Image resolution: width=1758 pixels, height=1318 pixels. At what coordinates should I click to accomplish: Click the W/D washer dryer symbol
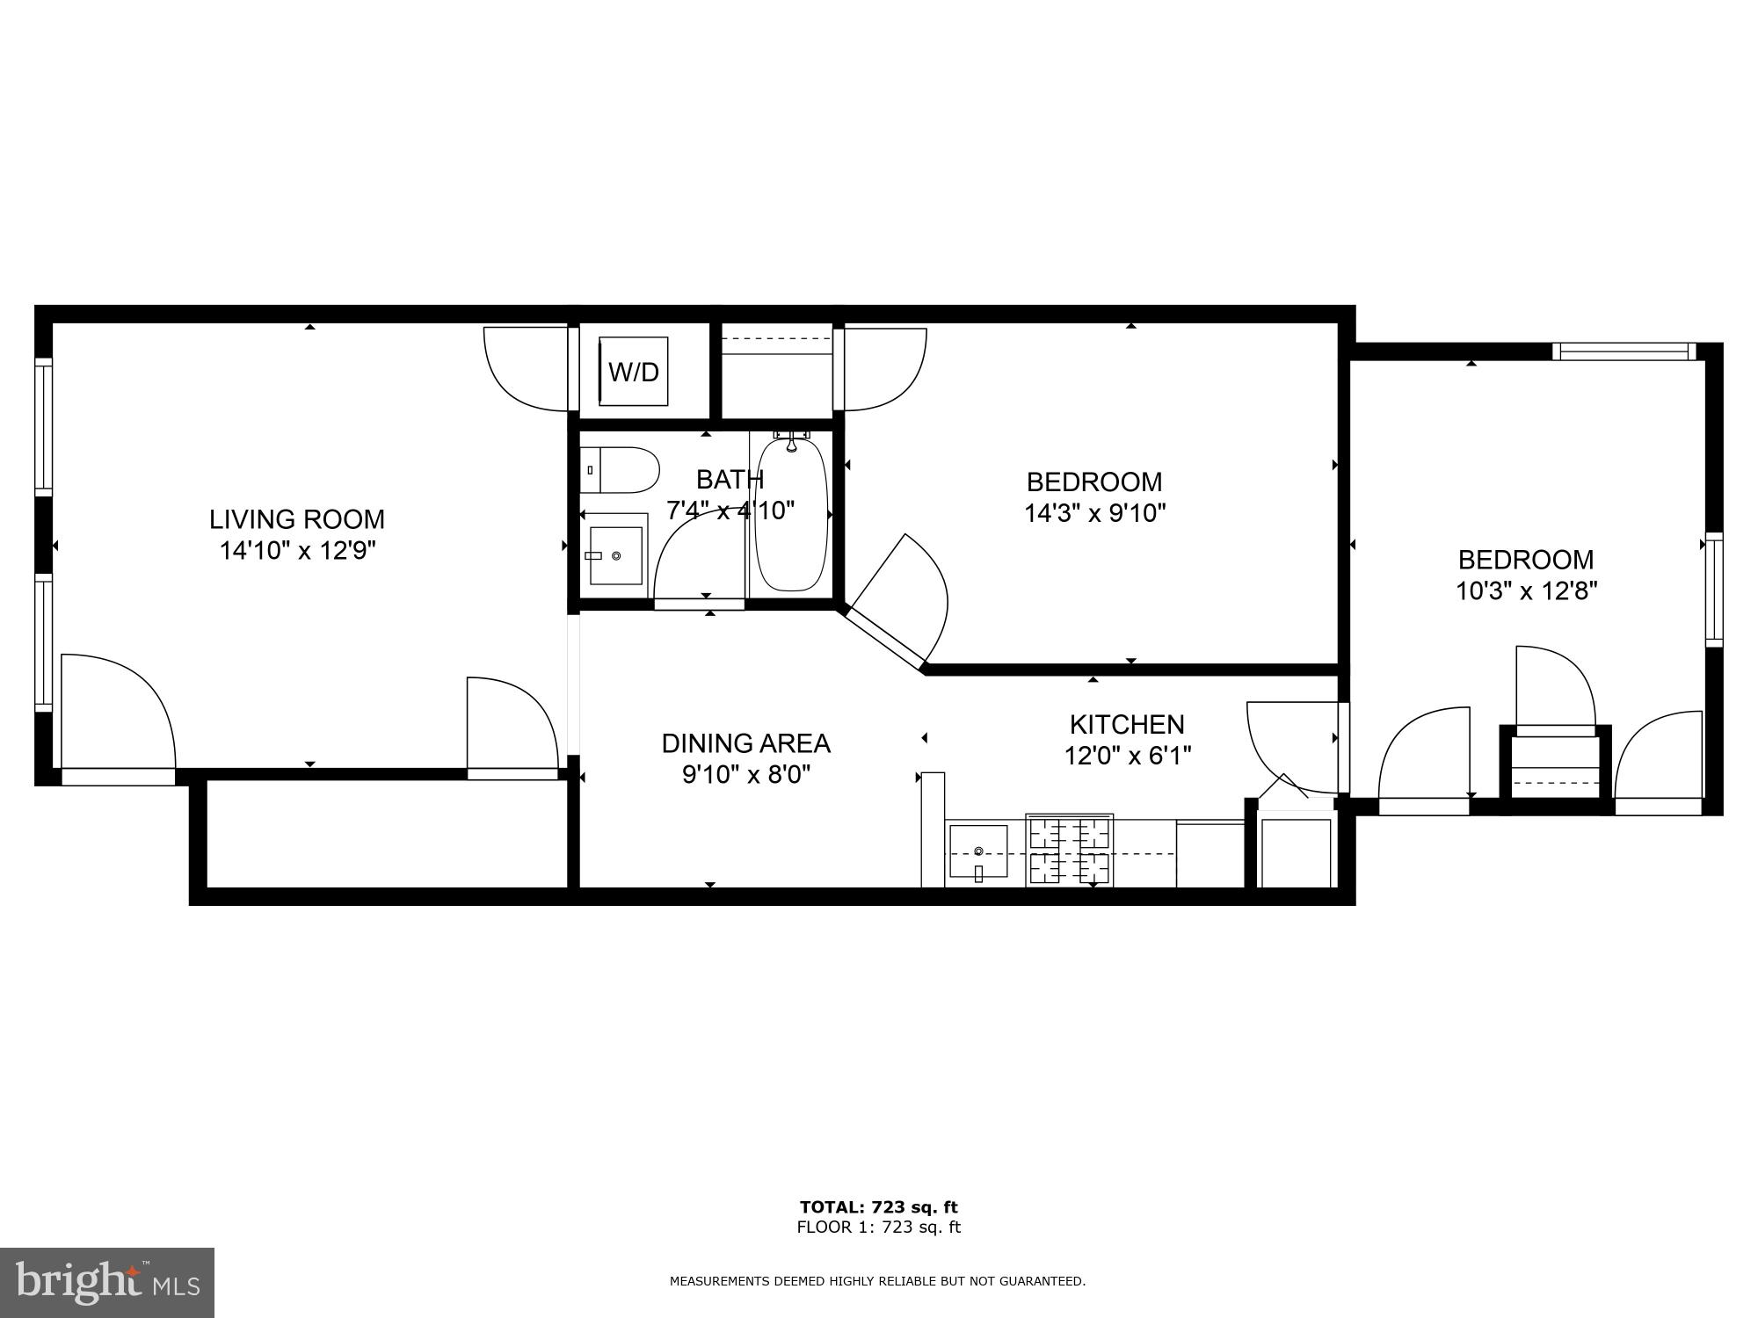click(634, 372)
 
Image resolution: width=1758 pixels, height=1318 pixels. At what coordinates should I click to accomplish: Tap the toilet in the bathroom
click(620, 471)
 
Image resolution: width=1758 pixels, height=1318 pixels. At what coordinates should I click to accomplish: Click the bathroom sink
click(615, 555)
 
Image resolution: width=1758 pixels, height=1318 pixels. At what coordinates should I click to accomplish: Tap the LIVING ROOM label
click(297, 519)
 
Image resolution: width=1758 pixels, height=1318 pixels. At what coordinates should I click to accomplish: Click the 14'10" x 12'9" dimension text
click(297, 551)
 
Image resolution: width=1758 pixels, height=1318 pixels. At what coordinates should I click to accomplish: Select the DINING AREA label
click(745, 743)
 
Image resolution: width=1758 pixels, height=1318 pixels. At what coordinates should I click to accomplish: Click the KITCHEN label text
click(1127, 724)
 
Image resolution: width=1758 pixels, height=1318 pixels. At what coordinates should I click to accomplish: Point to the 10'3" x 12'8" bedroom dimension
click(1526, 590)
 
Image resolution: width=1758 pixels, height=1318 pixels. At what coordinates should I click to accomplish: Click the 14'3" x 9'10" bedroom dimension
click(1094, 513)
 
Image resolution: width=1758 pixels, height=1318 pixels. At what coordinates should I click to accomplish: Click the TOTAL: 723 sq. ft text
click(878, 1207)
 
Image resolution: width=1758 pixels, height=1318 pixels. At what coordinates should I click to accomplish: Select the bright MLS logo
click(106, 1283)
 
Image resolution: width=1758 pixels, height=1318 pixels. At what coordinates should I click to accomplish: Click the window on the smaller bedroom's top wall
click(1623, 351)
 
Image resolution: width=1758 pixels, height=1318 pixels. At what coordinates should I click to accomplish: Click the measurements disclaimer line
click(877, 1281)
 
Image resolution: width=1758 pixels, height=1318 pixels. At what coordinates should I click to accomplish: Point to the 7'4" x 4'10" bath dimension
click(730, 510)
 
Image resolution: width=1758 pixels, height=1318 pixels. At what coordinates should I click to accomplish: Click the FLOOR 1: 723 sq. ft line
click(878, 1227)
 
